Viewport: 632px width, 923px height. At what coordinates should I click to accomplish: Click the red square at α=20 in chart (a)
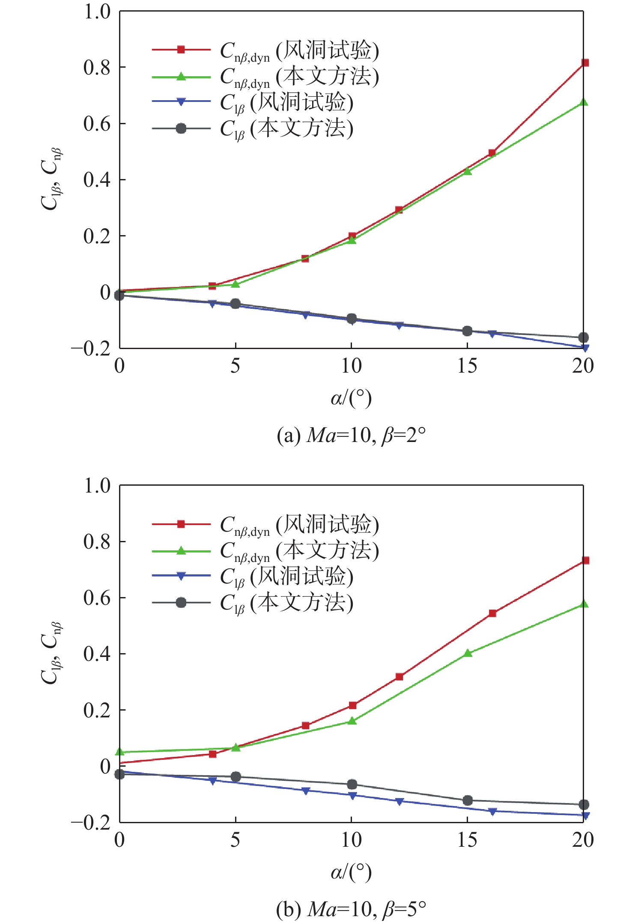pyautogui.click(x=585, y=63)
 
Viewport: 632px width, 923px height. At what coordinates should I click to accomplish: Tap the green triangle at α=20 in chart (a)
pyautogui.click(x=583, y=102)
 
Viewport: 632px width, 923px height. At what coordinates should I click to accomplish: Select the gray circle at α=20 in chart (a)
pyautogui.click(x=583, y=338)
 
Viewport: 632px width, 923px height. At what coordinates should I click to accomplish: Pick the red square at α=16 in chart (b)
pyautogui.click(x=492, y=613)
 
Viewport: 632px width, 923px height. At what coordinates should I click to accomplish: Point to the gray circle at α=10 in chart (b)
pyautogui.click(x=352, y=784)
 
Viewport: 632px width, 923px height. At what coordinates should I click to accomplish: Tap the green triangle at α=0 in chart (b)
pyautogui.click(x=120, y=752)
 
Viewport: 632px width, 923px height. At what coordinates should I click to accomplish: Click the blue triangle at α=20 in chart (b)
pyautogui.click(x=585, y=815)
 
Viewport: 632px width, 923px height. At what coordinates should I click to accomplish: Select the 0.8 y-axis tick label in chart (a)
pyautogui.click(x=97, y=68)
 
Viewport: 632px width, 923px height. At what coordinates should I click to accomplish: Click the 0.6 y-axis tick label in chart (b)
pyautogui.click(x=97, y=598)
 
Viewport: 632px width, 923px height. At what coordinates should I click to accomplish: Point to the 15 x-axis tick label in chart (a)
pyautogui.click(x=467, y=366)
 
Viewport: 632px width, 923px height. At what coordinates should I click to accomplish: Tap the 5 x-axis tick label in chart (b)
pyautogui.click(x=235, y=840)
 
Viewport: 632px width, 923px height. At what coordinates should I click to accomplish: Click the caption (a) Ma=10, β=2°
pyautogui.click(x=351, y=436)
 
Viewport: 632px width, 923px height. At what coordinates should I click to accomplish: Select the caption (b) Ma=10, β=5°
pyautogui.click(x=351, y=910)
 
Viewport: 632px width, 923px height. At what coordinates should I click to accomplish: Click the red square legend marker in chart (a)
pyautogui.click(x=181, y=50)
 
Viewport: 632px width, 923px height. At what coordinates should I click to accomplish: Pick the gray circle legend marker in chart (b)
pyautogui.click(x=181, y=603)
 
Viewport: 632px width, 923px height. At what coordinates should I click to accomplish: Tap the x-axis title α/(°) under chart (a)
pyautogui.click(x=351, y=398)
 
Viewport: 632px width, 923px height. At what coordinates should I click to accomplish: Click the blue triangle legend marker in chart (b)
pyautogui.click(x=181, y=576)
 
